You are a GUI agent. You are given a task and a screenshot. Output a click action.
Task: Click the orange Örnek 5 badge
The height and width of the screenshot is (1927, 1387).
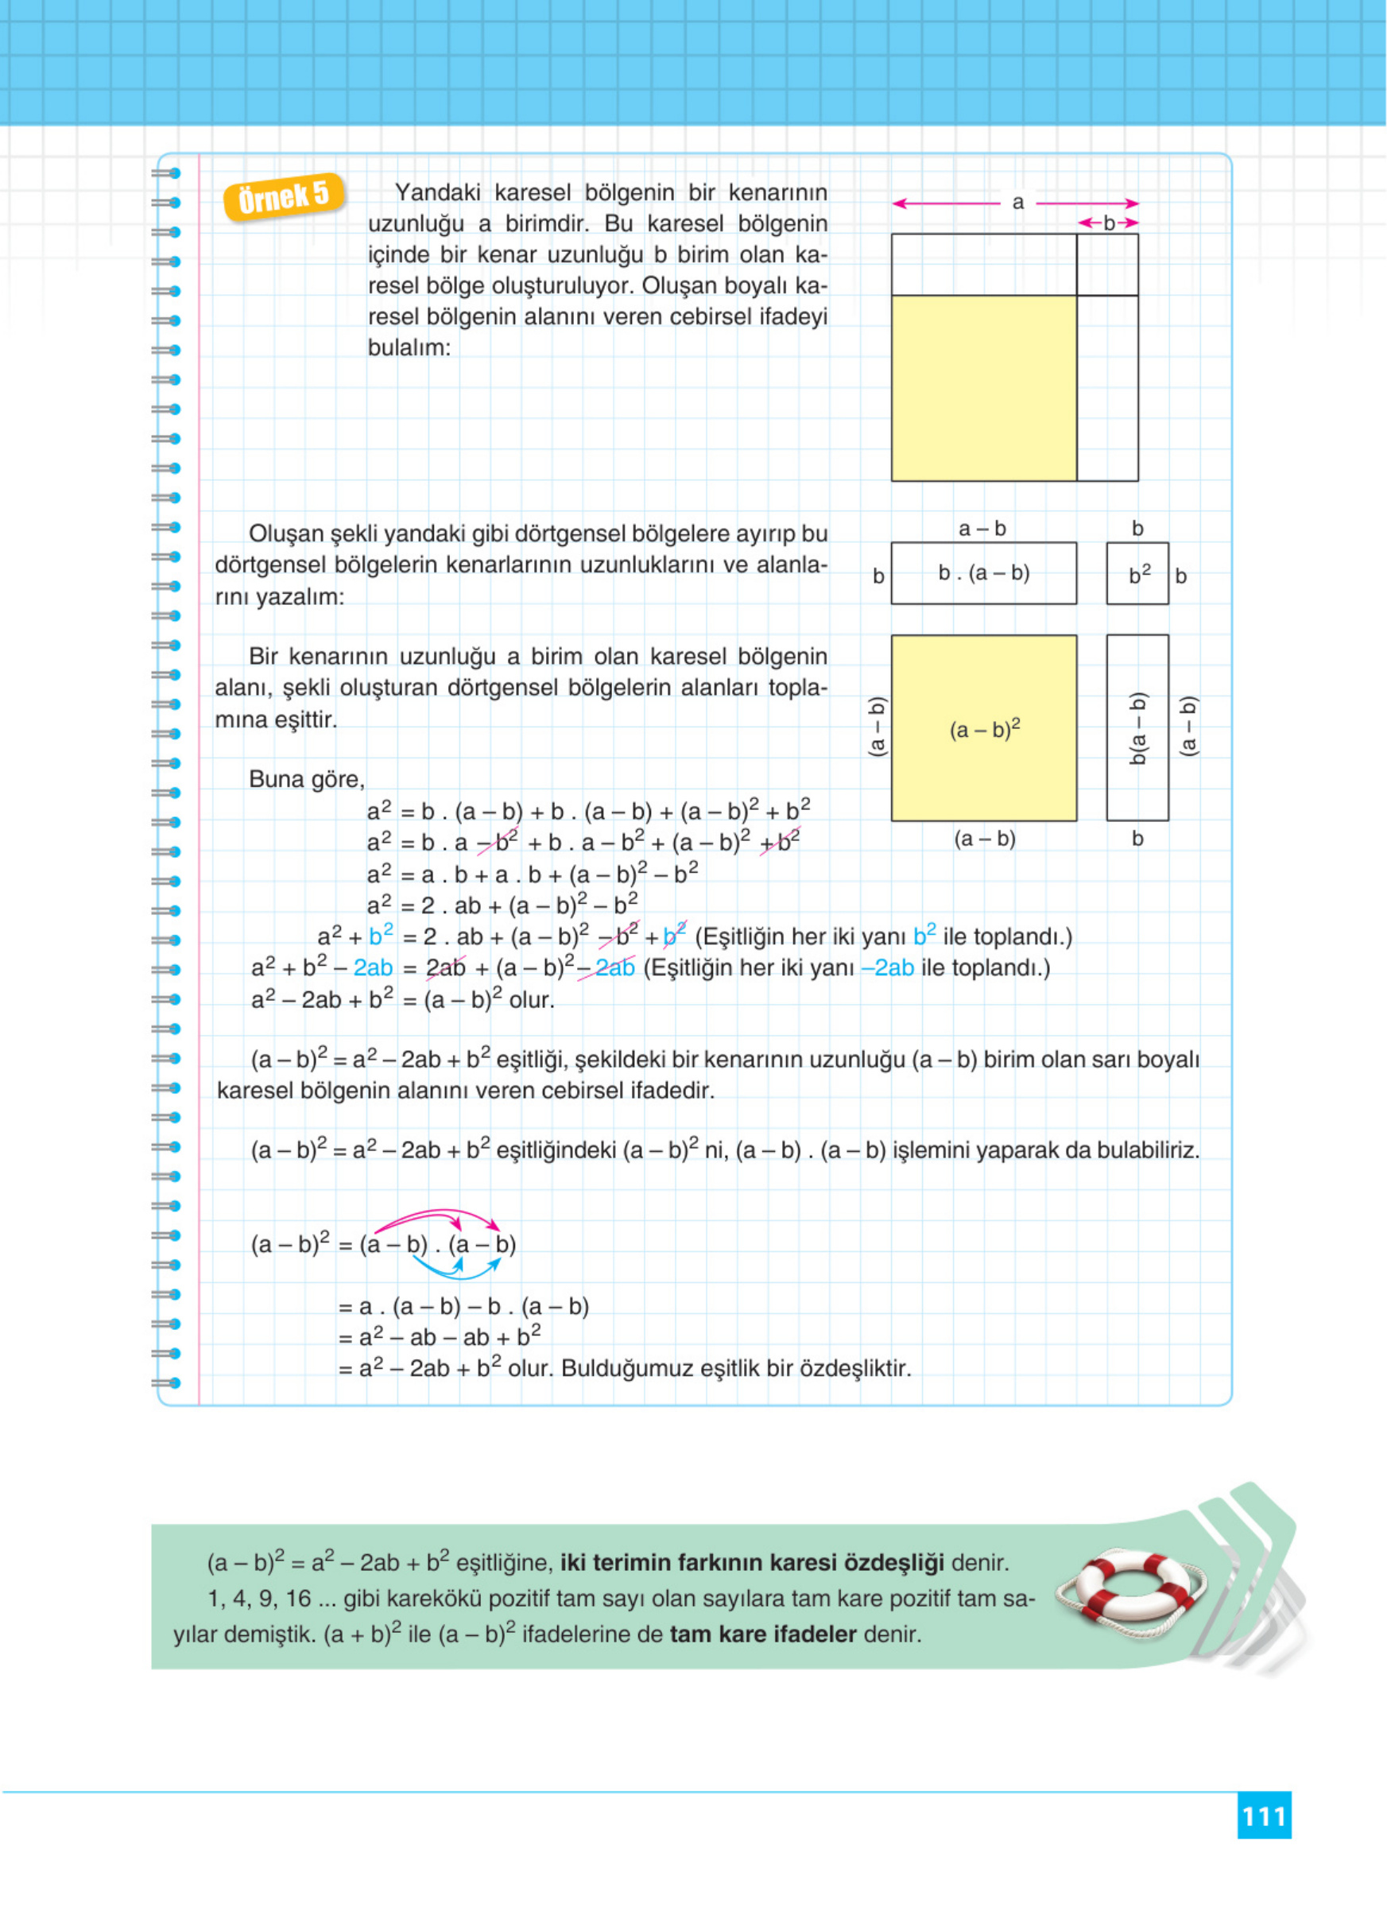pos(284,197)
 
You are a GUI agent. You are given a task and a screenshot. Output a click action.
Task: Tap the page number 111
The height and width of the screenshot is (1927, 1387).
pos(1263,1816)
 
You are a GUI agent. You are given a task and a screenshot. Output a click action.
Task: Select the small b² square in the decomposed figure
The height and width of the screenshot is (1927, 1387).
pos(1137,574)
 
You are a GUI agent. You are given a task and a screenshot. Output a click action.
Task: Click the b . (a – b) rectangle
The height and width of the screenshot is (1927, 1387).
pos(983,573)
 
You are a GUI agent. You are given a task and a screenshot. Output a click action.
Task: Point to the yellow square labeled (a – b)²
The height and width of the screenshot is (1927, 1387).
pos(983,728)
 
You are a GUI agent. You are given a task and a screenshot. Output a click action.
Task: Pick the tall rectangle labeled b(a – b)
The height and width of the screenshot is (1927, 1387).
pos(1137,728)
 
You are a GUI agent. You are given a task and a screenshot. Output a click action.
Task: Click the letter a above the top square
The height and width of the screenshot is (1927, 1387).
pos(1017,203)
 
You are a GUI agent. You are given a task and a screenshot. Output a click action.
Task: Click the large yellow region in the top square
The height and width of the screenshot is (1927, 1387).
pos(983,388)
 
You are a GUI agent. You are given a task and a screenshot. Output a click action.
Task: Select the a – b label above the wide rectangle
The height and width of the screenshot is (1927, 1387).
pos(982,529)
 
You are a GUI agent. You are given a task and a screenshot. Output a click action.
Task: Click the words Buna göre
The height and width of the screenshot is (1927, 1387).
pos(306,779)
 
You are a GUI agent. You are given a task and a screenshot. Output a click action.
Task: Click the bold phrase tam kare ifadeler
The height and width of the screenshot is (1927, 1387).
pos(762,1634)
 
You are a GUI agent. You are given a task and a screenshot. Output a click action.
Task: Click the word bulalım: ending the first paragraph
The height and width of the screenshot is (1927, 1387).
pos(409,347)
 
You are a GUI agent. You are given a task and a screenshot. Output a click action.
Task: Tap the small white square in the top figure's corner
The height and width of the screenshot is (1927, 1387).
pos(1106,265)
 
